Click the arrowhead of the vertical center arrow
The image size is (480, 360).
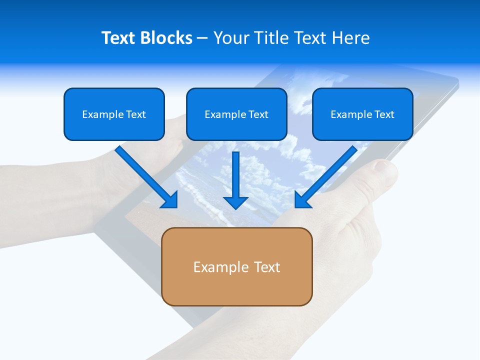[235, 202]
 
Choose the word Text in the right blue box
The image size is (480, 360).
[384, 114]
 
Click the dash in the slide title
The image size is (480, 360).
[202, 38]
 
